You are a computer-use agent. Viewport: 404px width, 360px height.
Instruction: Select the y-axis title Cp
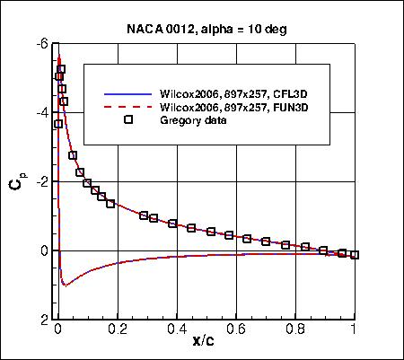coord(17,183)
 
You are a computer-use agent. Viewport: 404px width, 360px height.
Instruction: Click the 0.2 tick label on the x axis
coord(116,330)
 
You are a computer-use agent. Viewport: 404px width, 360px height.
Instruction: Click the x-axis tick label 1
coord(355,330)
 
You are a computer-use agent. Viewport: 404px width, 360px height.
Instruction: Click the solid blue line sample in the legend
coord(128,93)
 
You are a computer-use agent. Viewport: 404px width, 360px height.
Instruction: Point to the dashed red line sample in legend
coord(128,107)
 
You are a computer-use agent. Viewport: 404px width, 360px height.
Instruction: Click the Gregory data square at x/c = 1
coord(355,255)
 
